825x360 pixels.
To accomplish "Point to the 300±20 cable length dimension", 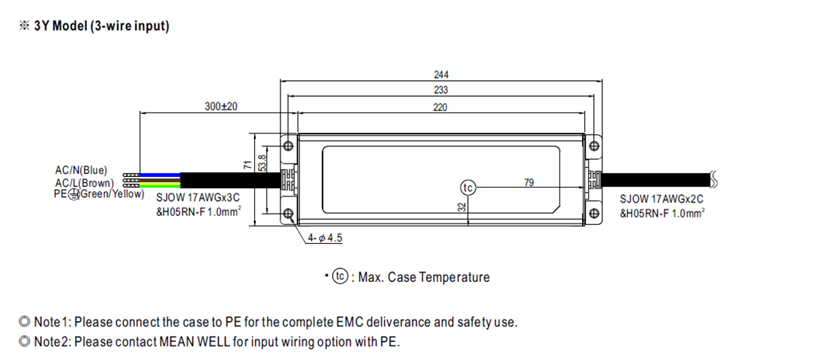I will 220,107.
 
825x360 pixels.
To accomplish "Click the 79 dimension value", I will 529,182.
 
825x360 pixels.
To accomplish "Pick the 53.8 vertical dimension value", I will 262,163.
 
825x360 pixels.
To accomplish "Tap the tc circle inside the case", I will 467,187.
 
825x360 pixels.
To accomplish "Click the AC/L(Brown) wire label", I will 84,182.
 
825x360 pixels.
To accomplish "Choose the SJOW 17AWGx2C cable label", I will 661,199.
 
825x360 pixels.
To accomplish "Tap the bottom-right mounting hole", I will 594,214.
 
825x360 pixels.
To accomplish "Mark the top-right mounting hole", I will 594,144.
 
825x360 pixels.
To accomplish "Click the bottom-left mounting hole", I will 287,214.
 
